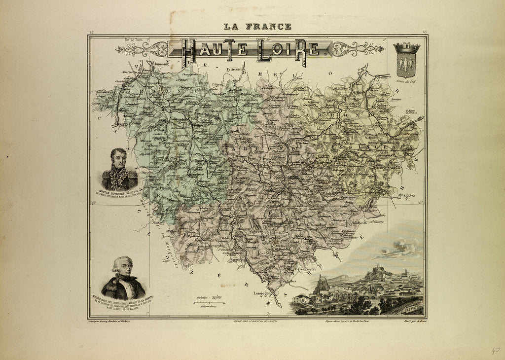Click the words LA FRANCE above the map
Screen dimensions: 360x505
coord(257,27)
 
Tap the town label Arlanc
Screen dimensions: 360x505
coord(235,70)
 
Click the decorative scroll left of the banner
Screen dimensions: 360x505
coord(142,49)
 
